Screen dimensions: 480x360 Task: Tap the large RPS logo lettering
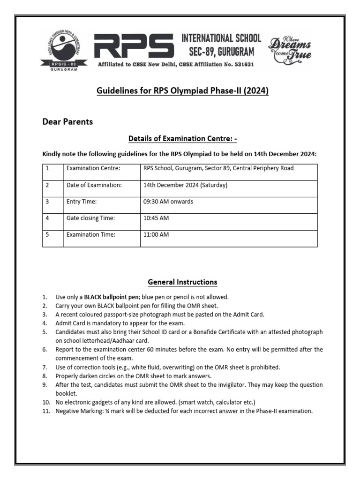point(134,47)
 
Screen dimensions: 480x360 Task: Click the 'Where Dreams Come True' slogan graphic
point(289,49)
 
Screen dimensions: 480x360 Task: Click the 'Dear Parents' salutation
point(67,122)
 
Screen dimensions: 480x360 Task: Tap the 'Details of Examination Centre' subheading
point(180,139)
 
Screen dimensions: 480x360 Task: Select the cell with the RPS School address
point(218,168)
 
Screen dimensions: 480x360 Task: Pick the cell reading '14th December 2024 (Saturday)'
point(185,185)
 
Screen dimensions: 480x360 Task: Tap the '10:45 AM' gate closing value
point(156,218)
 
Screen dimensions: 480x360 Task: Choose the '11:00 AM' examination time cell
point(156,235)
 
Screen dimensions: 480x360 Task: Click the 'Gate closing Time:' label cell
point(90,218)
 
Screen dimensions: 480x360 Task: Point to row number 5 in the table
point(47,235)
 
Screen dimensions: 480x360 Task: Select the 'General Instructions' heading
point(182,282)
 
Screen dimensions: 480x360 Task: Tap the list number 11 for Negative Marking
point(45,411)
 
